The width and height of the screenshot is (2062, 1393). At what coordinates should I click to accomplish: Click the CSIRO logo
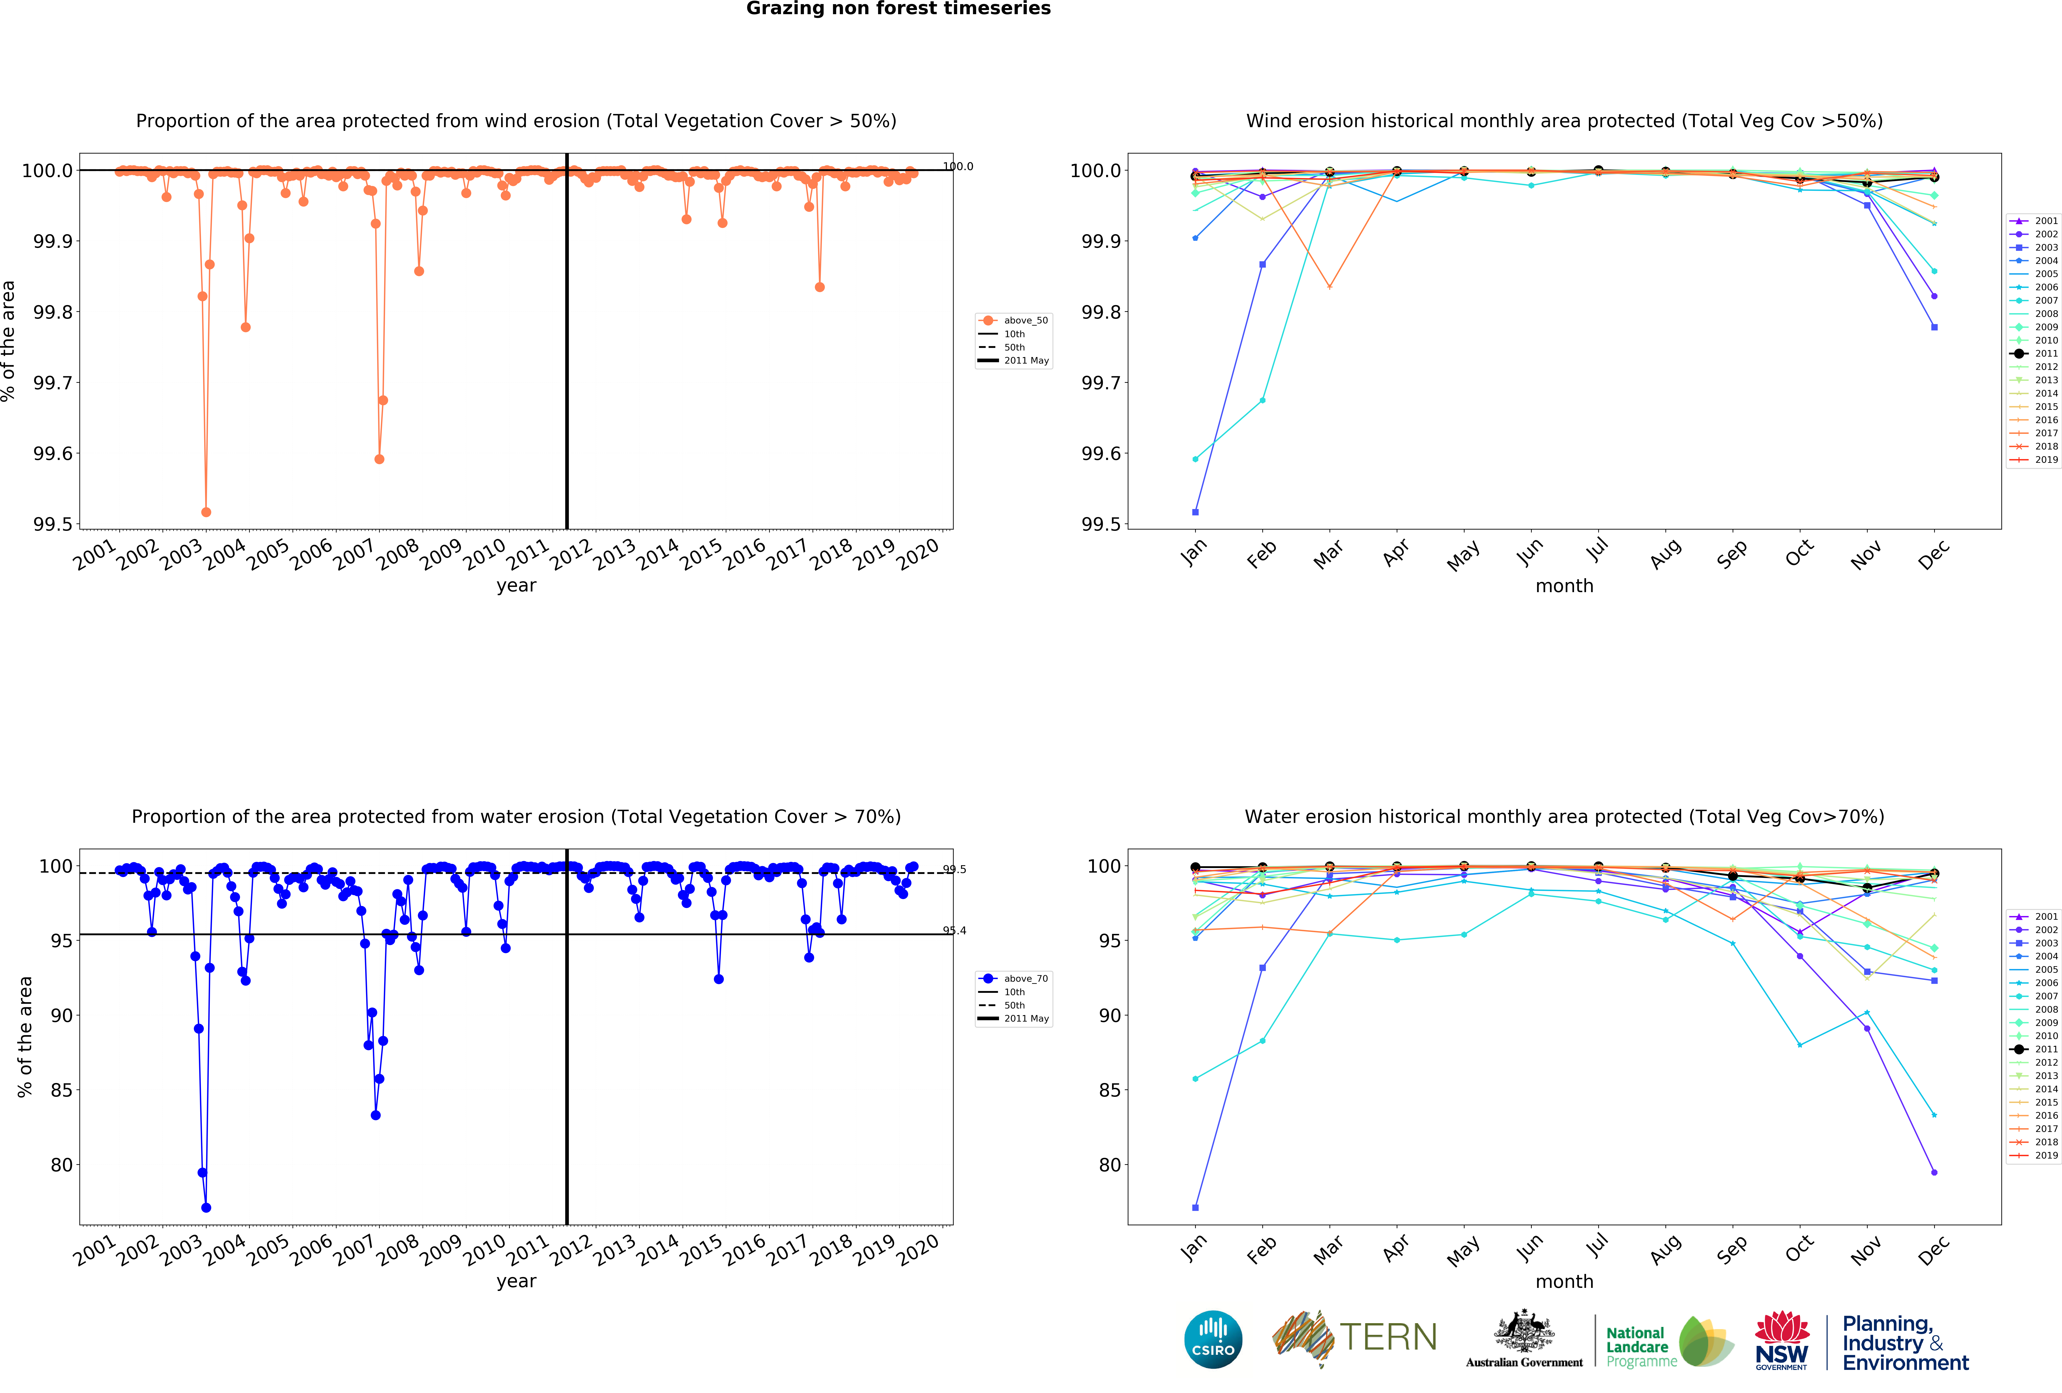coord(1213,1339)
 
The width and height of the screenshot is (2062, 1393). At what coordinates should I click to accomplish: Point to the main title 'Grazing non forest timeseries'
coord(898,9)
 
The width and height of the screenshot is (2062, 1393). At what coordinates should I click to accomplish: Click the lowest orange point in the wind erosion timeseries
coord(206,512)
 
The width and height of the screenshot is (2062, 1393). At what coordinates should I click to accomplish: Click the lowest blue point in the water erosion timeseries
coord(206,1208)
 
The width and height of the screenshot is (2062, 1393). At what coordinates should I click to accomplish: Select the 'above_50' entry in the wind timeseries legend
coord(1025,320)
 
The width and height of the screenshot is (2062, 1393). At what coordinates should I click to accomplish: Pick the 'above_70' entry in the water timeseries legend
coord(1025,979)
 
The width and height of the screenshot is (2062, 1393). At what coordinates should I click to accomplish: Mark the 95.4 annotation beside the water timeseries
coord(955,931)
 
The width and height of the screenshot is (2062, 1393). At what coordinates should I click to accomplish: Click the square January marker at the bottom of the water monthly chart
coord(1195,1208)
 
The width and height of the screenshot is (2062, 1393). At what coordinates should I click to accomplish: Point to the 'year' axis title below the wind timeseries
coord(516,586)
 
